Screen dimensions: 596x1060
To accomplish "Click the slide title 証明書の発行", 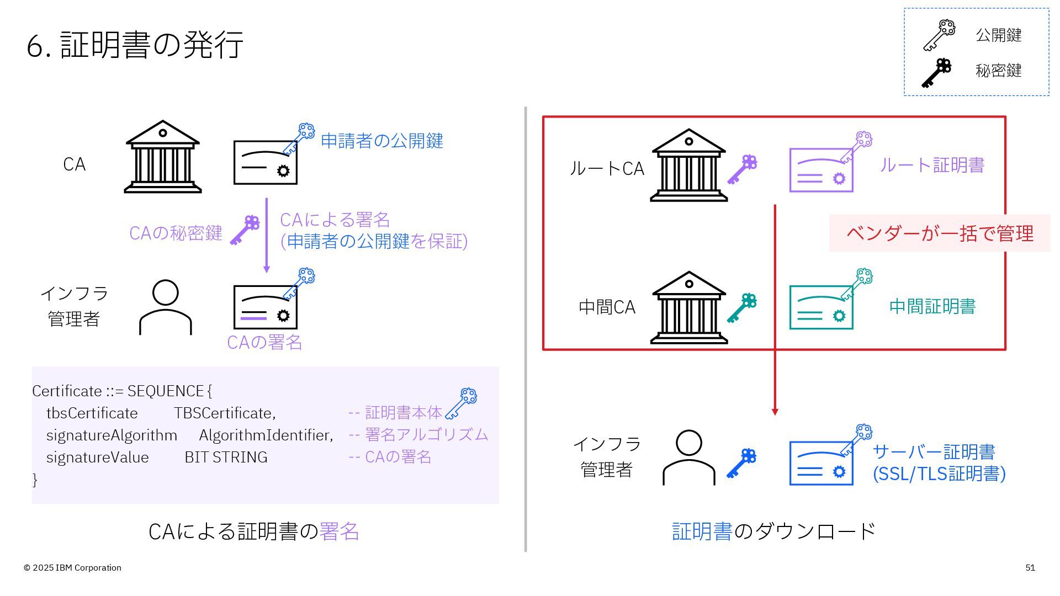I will pyautogui.click(x=135, y=44).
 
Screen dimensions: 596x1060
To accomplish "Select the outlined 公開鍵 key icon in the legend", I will pyautogui.click(x=939, y=35).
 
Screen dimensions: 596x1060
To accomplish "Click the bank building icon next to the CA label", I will pyautogui.click(x=162, y=157).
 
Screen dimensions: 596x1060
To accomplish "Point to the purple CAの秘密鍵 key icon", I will pyautogui.click(x=245, y=230).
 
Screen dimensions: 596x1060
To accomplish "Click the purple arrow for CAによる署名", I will pyautogui.click(x=267, y=235).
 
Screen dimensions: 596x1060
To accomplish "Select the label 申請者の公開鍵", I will pyautogui.click(x=381, y=141).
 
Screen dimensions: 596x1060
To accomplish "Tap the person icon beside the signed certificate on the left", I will pyautogui.click(x=165, y=307).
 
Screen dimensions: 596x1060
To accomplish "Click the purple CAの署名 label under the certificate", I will pyautogui.click(x=264, y=342).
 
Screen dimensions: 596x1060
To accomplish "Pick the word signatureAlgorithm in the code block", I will pyautogui.click(x=112, y=435).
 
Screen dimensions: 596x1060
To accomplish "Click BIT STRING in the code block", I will pyautogui.click(x=226, y=457).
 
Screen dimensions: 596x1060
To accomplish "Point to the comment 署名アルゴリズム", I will pyautogui.click(x=426, y=435).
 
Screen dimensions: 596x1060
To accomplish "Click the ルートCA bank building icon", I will pyautogui.click(x=688, y=166).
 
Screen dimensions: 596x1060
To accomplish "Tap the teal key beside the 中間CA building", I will pyautogui.click(x=741, y=307).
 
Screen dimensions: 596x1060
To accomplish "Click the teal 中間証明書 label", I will pyautogui.click(x=932, y=307).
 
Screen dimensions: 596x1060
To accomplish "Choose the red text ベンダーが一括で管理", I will pyautogui.click(x=939, y=233).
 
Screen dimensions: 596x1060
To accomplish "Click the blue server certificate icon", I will pyautogui.click(x=821, y=462).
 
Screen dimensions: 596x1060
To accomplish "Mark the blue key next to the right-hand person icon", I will pyautogui.click(x=741, y=462).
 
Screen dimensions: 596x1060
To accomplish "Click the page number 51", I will pyautogui.click(x=1030, y=568).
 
